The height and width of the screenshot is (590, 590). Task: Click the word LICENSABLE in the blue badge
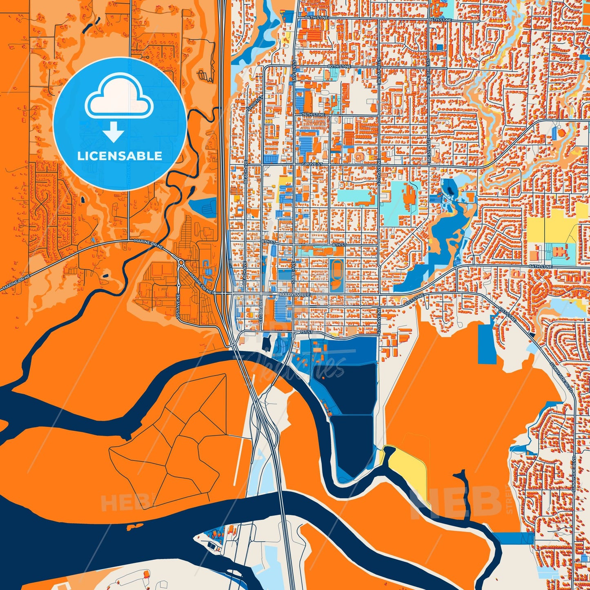click(120, 156)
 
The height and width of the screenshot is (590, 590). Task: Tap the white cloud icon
click(119, 98)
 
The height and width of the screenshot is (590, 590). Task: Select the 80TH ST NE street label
click(339, 66)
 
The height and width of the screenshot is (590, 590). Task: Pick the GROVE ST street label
click(312, 164)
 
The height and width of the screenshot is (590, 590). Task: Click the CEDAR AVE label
click(260, 312)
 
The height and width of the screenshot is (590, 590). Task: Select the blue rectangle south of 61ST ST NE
click(487, 344)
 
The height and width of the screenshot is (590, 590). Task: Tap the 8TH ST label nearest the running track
click(338, 245)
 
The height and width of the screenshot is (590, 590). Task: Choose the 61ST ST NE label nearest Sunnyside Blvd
click(506, 314)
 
